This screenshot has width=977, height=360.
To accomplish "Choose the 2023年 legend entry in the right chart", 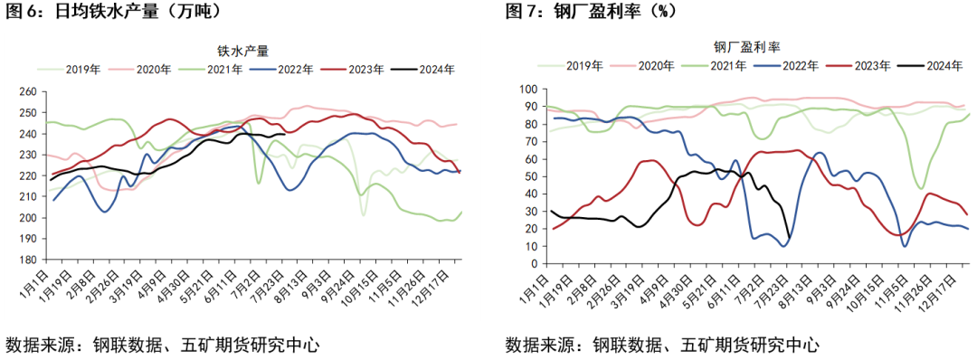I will coord(864,64).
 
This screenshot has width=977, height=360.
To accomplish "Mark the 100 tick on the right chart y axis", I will coord(527,90).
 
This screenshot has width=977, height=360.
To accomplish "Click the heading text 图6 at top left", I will coord(22,13).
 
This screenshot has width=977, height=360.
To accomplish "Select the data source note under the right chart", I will coord(662,345).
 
